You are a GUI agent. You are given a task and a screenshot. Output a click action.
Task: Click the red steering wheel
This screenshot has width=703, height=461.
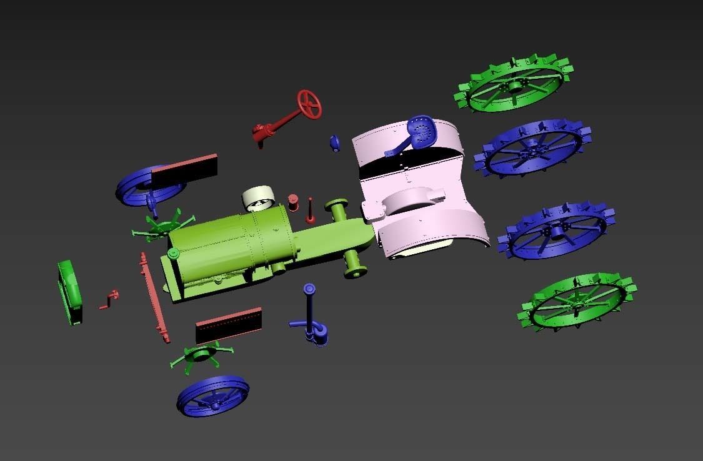tap(309, 104)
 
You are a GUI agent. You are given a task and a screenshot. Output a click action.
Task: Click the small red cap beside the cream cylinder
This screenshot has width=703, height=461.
tap(293, 202)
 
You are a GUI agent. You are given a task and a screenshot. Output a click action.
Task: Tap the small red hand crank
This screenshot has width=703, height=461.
tap(111, 298)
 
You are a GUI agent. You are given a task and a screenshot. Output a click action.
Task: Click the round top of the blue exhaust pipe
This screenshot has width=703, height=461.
tap(309, 289)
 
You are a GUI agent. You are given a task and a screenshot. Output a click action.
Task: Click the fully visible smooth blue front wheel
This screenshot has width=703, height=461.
tap(213, 395)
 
